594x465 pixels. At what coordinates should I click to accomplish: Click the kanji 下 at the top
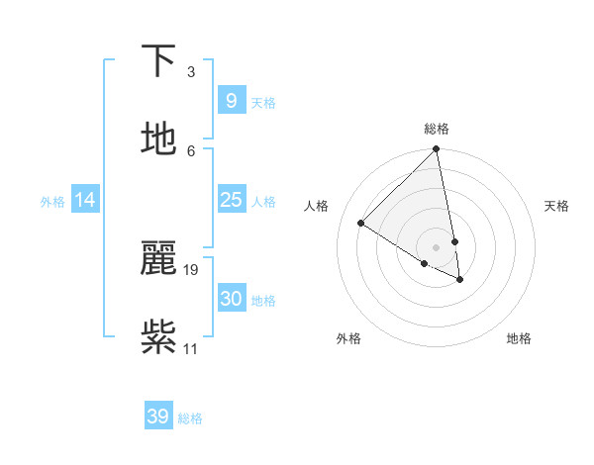158,61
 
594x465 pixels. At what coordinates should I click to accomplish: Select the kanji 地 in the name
158,139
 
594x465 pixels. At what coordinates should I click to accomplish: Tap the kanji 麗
158,258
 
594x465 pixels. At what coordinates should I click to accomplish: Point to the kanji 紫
158,336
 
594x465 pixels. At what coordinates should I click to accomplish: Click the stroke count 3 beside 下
190,72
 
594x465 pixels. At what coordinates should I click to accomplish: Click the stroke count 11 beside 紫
191,348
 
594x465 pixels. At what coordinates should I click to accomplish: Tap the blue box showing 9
231,100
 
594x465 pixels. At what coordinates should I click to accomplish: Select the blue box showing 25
231,200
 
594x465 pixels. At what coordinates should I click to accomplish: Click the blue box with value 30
231,299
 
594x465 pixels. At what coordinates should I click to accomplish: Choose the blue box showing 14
85,200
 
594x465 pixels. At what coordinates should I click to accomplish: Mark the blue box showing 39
158,417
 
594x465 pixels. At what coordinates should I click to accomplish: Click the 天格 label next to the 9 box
263,103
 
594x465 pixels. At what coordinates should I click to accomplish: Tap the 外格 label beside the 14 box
52,202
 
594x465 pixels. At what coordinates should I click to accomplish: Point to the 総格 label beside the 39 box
190,418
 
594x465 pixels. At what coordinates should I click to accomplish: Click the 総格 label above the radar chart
437,129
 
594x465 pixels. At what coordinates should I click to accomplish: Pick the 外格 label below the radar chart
348,338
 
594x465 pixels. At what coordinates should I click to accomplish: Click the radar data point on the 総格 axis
436,149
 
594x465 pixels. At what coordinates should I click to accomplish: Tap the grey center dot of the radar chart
436,245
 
